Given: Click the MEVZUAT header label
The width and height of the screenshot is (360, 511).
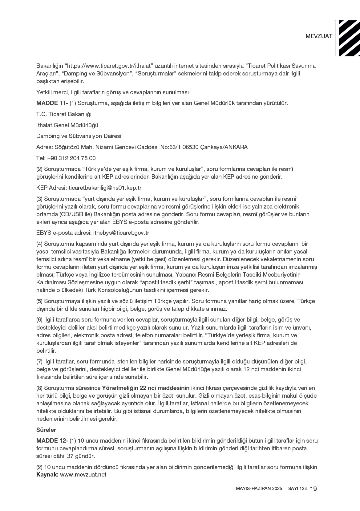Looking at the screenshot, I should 319,36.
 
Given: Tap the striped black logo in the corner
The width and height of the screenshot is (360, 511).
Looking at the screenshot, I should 349,38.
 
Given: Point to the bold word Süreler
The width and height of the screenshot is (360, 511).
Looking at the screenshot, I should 46,430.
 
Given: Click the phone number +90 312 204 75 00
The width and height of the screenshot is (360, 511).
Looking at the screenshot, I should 71,158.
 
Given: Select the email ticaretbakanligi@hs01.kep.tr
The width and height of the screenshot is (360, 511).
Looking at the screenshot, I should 105,188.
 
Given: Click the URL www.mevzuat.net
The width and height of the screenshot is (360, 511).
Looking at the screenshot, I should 83,475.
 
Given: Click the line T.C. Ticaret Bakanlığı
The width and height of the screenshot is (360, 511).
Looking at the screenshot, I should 64,114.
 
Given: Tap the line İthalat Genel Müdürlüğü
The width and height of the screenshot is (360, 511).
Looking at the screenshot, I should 67,125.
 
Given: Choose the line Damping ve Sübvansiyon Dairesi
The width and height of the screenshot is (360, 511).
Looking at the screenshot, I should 79,136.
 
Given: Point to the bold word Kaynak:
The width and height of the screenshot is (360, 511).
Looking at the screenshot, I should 47,475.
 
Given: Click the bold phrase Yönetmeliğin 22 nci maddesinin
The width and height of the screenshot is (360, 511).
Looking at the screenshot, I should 146,388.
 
